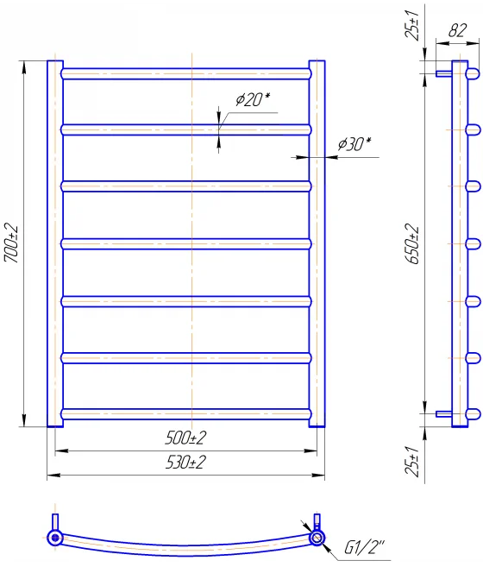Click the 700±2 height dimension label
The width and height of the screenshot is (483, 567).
pyautogui.click(x=11, y=243)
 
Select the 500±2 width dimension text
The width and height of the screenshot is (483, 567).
pyautogui.click(x=185, y=438)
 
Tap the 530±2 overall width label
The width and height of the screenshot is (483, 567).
pyautogui.click(x=185, y=462)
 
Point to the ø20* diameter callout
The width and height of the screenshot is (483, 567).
pyautogui.click(x=253, y=99)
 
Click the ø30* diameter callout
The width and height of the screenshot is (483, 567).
pyautogui.click(x=354, y=144)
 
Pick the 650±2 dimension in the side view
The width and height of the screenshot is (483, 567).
pyautogui.click(x=412, y=243)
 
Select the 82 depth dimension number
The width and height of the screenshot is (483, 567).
pyautogui.click(x=457, y=30)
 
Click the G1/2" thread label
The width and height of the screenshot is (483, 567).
pyautogui.click(x=365, y=547)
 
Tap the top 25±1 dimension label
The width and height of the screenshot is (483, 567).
pyautogui.click(x=411, y=25)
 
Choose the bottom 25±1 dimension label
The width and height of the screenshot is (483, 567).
pyautogui.click(x=411, y=461)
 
